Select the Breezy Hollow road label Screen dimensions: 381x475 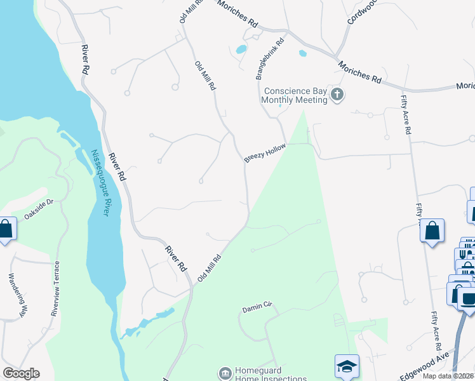tap(265, 153)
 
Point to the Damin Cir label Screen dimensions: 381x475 tap(257, 308)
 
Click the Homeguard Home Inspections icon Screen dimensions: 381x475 tap(225, 373)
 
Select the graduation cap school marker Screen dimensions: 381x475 tap(347, 366)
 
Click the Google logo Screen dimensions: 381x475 tap(21, 373)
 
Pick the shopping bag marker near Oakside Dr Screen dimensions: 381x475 tap(6, 229)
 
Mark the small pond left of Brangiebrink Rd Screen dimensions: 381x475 tap(241, 49)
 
